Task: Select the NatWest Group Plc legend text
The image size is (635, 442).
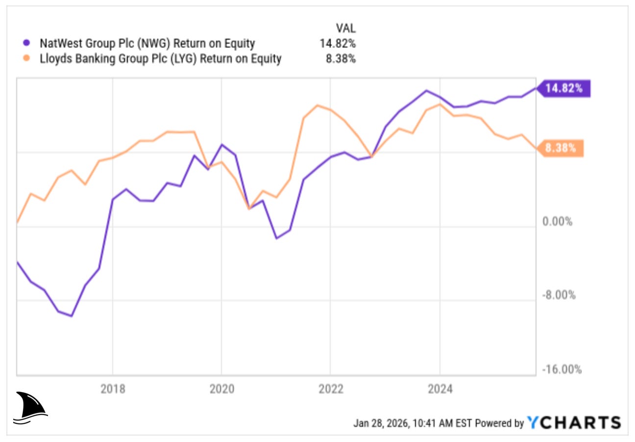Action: (x=147, y=43)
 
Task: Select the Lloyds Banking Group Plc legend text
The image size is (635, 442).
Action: (x=160, y=59)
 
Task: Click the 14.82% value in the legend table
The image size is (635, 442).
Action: (x=338, y=43)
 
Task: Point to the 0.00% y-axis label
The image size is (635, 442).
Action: (x=557, y=221)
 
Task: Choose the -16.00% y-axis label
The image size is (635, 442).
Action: (x=562, y=369)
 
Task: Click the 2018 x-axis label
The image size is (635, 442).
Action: (x=113, y=389)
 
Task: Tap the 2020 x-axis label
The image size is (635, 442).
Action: (x=221, y=389)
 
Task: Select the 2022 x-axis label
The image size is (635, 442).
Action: (x=330, y=389)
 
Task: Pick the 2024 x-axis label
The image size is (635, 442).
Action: (x=440, y=389)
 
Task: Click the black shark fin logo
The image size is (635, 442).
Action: (x=30, y=407)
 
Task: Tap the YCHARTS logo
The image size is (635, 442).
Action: (x=574, y=422)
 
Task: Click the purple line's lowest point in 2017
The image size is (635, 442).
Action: (x=72, y=316)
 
